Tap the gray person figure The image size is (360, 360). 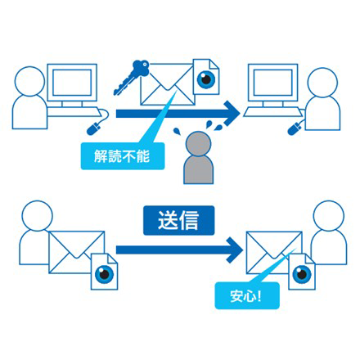tap(198, 158)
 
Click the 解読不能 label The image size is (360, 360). tap(123, 156)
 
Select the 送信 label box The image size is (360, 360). tap(179, 220)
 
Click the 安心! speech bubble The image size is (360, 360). tap(247, 295)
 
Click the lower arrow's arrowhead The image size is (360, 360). tap(235, 250)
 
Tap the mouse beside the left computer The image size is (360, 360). tap(93, 128)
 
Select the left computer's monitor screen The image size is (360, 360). tap(72, 83)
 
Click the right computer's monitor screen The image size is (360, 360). tap(272, 83)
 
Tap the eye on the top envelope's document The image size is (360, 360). tap(206, 79)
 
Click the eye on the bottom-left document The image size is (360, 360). tap(104, 274)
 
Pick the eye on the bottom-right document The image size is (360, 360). tap(302, 273)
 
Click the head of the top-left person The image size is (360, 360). tap(29, 81)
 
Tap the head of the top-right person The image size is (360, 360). tap(322, 83)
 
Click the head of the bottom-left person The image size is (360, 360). tap(38, 216)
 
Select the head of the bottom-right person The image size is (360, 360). tap(329, 216)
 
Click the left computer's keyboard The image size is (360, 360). tap(74, 112)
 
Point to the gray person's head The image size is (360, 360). tap(198, 144)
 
